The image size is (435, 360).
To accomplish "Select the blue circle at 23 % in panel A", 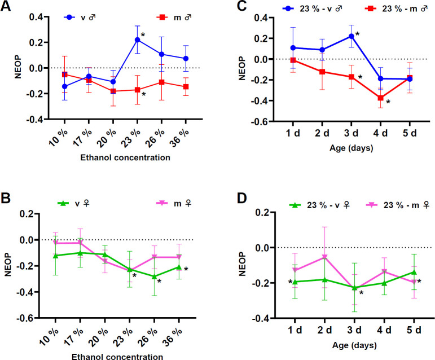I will pos(137,39).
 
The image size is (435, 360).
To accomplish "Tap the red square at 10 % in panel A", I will pos(64,74).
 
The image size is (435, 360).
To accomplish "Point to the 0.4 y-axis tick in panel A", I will pos(37,16).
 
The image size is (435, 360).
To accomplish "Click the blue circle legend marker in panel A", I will pos(70,17).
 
